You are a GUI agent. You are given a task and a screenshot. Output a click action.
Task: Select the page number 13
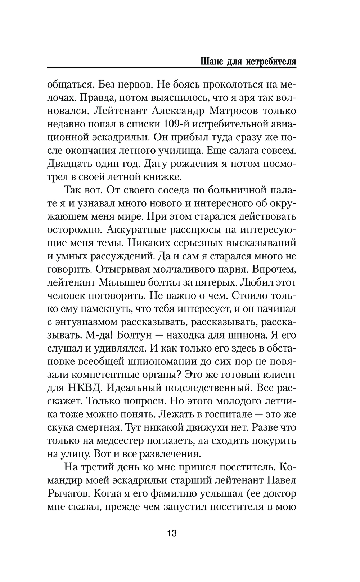tap(172, 533)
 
